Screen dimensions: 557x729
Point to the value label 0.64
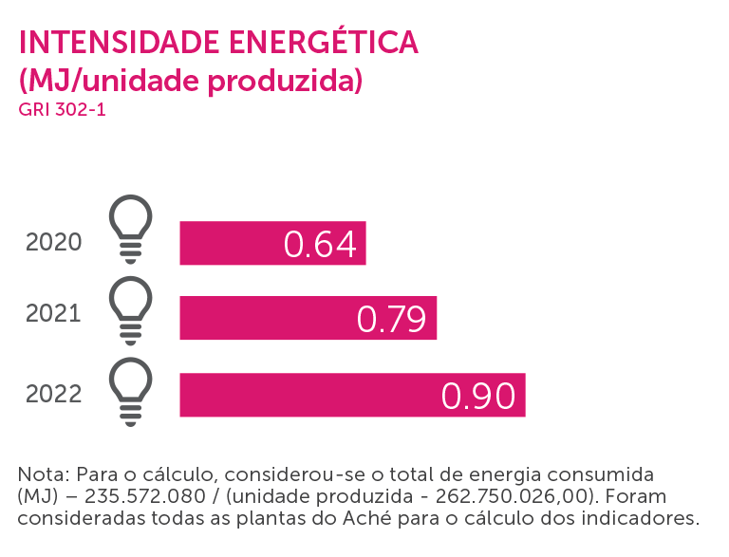[x=320, y=244]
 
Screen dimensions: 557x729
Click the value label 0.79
[x=391, y=319]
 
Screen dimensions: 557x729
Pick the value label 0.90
[x=478, y=396]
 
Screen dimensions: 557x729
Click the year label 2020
[x=54, y=243]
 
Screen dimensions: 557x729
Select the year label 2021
[x=54, y=313]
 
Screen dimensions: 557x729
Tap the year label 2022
[x=54, y=392]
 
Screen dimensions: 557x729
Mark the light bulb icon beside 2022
[x=131, y=389]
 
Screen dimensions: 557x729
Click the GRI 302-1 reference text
[x=62, y=109]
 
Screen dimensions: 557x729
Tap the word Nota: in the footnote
[x=44, y=473]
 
